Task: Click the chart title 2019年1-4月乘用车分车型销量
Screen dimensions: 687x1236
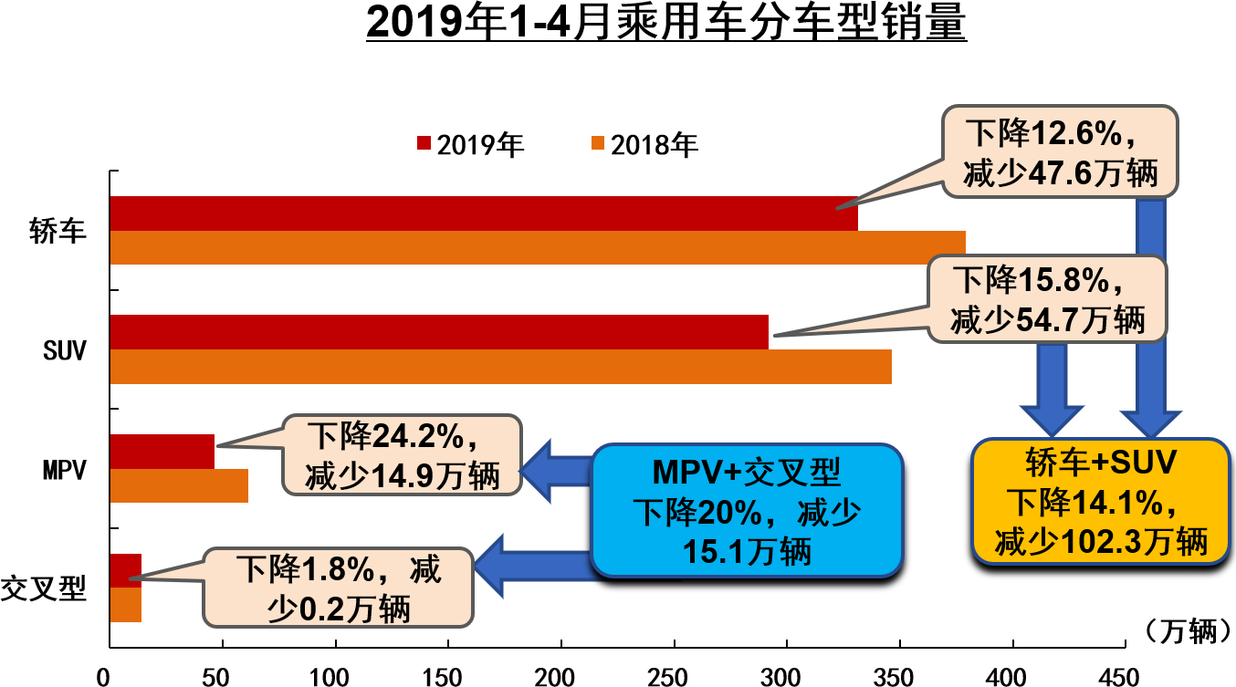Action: (665, 24)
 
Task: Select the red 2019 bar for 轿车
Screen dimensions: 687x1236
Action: (483, 213)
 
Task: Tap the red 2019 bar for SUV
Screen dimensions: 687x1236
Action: (438, 332)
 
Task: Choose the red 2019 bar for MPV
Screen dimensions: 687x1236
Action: (162, 452)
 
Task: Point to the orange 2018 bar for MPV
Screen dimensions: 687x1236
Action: (179, 485)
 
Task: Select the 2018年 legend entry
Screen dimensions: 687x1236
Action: (644, 144)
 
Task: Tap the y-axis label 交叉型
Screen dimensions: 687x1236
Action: (44, 588)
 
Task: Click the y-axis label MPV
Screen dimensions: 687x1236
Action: (64, 470)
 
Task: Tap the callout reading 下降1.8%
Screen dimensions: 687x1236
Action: (339, 588)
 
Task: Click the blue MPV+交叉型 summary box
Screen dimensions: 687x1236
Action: (747, 510)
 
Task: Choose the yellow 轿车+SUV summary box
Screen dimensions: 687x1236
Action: (1101, 501)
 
